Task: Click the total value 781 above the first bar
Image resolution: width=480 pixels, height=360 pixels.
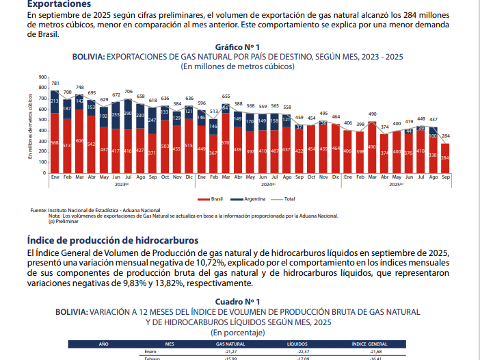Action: point(55,83)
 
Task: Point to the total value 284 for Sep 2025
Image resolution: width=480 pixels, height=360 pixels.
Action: point(445,136)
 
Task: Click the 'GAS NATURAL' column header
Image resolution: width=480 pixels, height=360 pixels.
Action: point(230,344)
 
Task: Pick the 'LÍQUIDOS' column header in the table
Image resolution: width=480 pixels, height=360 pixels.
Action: point(297,344)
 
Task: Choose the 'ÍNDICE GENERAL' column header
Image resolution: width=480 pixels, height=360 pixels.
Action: point(369,344)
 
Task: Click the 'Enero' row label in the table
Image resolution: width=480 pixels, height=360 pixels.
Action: point(151,351)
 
